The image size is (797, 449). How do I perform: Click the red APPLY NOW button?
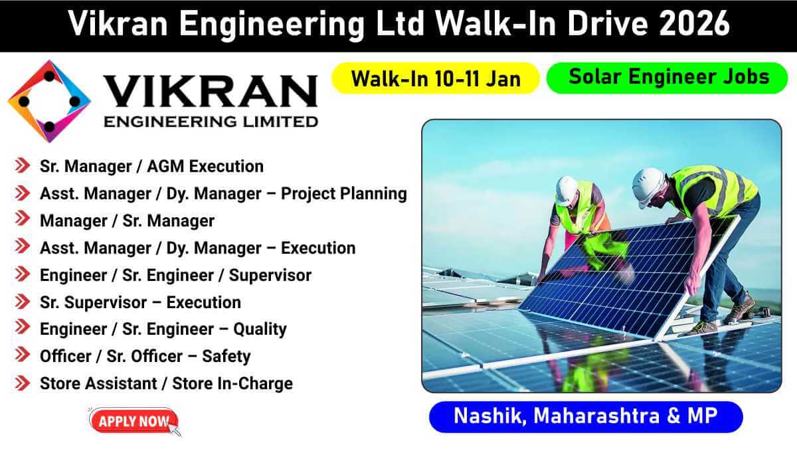[x=133, y=421]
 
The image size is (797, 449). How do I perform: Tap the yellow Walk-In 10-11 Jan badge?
[x=435, y=78]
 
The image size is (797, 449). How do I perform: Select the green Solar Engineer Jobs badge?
[x=667, y=78]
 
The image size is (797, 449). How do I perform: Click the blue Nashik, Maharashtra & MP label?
[x=586, y=416]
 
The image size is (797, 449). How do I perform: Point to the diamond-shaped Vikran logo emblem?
[x=49, y=102]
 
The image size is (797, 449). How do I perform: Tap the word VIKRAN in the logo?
[x=211, y=92]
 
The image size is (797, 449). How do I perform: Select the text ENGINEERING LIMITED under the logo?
[x=211, y=122]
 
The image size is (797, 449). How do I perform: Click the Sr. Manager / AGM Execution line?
[x=151, y=166]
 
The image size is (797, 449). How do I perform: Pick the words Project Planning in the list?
[x=344, y=194]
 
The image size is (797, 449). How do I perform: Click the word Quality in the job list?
[x=260, y=329]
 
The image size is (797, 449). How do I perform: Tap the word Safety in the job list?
[x=226, y=357]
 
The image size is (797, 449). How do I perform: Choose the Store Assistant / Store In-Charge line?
[x=166, y=383]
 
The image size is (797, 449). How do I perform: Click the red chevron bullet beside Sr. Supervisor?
[x=23, y=302]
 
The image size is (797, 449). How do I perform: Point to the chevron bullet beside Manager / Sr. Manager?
[x=23, y=219]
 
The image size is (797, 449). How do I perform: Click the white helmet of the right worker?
[x=648, y=187]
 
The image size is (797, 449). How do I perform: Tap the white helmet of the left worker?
[x=567, y=190]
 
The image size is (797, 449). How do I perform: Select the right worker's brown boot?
[x=740, y=308]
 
